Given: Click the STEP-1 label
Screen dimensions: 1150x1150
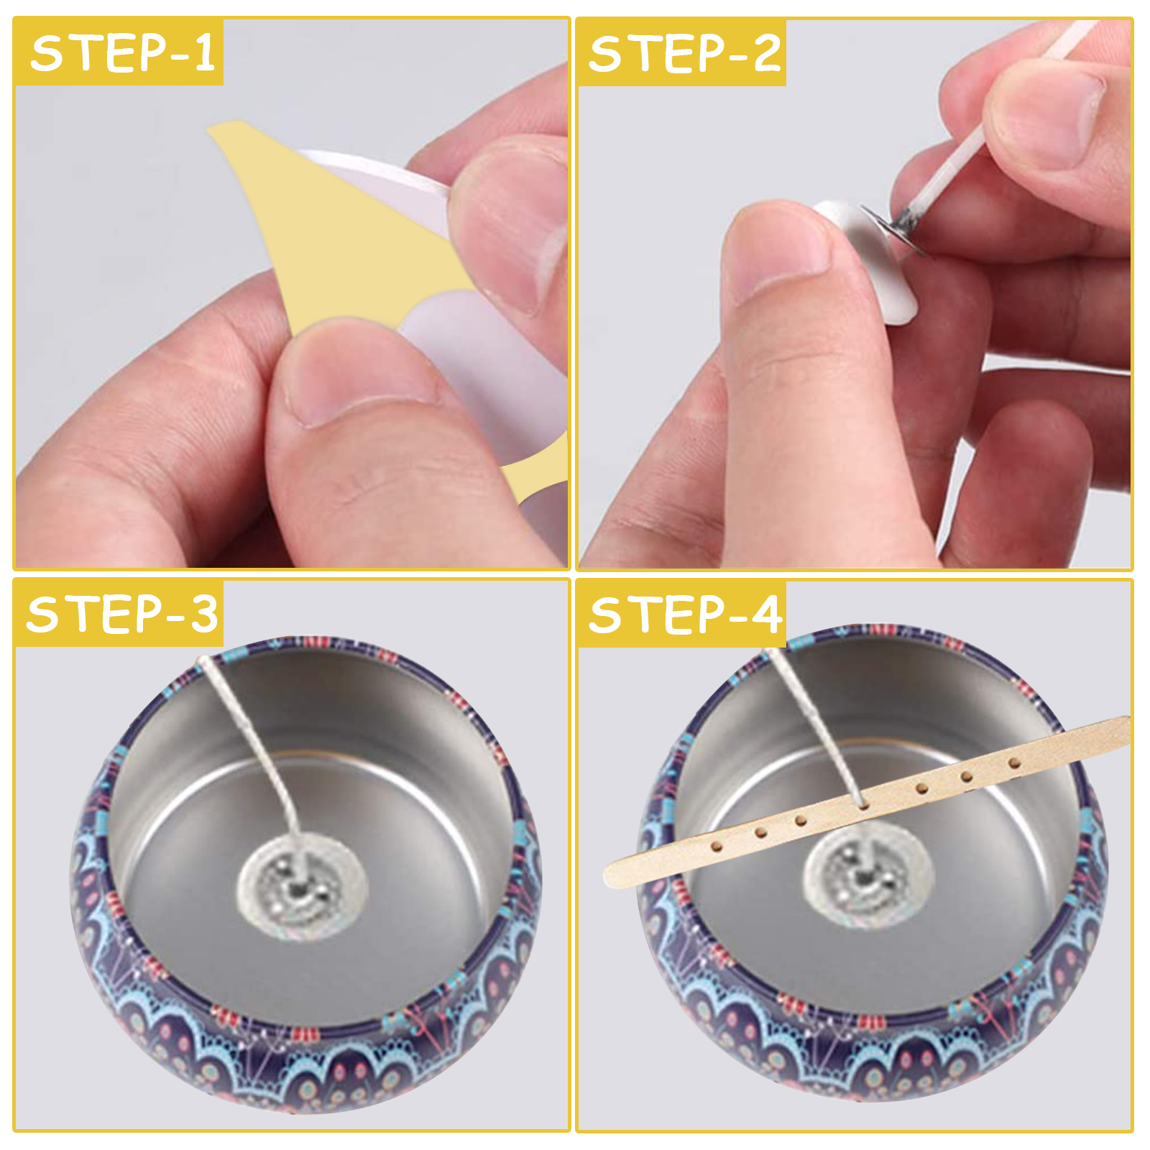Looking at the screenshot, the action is coord(123,53).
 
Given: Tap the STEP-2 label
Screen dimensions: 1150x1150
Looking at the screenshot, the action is coord(684,53).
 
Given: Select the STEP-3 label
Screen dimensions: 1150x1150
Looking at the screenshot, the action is coord(122,614).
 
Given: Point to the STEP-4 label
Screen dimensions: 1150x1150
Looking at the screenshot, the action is coord(684,615).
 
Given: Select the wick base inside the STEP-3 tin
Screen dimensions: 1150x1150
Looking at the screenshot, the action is coord(302,887).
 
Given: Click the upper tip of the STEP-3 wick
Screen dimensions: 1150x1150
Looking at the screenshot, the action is coord(203,658).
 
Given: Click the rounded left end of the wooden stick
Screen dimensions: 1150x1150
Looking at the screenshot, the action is coord(611,874).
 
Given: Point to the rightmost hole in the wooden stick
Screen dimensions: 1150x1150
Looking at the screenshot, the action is coord(1014,763).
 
